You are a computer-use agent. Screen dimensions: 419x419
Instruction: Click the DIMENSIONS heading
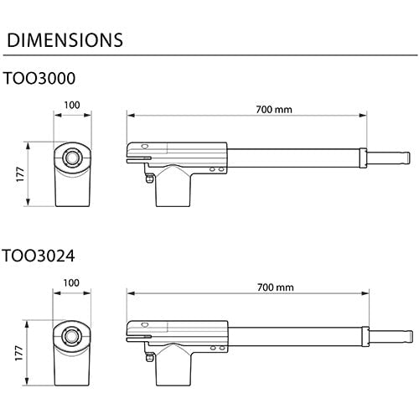tap(65, 39)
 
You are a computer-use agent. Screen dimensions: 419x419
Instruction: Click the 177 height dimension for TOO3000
tap(18, 173)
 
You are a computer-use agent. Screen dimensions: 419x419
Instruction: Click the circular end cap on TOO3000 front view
tap(73, 157)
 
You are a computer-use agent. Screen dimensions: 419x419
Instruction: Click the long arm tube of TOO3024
tap(293, 333)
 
